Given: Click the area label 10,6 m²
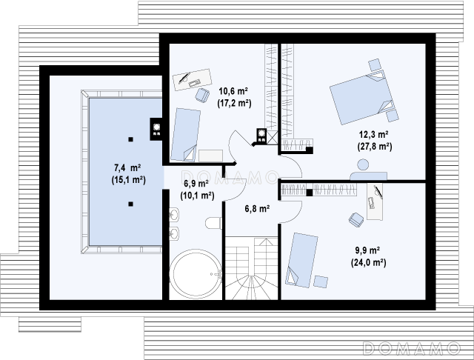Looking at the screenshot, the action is coord(233,91).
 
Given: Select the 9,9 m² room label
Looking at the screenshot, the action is coord(367,250).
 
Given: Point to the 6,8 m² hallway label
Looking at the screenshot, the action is coord(257,209).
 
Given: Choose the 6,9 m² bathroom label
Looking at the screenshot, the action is coord(196,184).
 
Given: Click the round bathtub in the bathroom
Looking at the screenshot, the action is coord(196,273).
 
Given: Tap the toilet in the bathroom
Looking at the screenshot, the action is coord(214,223).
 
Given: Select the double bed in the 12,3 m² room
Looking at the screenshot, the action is coord(361,98).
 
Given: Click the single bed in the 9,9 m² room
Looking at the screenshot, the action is coord(301,260).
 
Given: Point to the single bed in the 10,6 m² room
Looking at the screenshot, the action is coord(185,135).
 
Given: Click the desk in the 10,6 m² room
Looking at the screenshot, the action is coord(193,79).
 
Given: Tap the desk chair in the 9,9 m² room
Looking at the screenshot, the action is coord(356,219).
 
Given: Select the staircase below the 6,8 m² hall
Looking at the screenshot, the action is coord(252,268).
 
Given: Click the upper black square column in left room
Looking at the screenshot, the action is coord(130,139).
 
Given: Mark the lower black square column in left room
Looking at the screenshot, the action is coord(130,204).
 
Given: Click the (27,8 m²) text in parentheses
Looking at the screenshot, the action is coord(375,147).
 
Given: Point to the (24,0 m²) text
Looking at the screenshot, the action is coord(369,263).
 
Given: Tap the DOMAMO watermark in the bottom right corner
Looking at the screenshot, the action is coord(411,348).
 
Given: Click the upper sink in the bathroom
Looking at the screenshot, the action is coord(174,215).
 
